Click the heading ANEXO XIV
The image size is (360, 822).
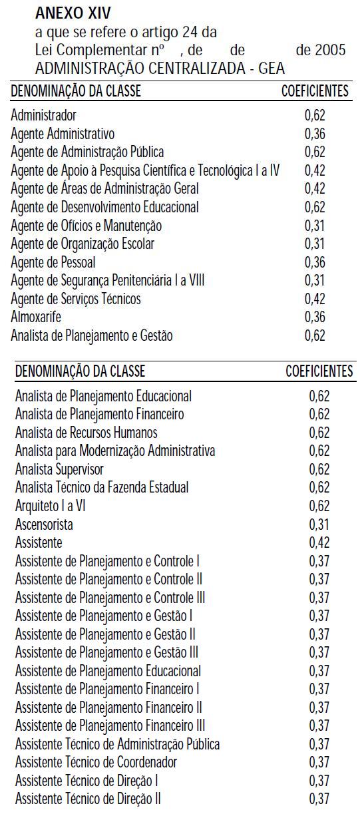click(x=73, y=13)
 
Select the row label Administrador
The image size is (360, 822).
click(x=43, y=115)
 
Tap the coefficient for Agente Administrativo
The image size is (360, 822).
click(x=315, y=134)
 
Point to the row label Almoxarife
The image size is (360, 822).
click(x=36, y=317)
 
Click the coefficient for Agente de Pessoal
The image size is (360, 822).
click(x=315, y=262)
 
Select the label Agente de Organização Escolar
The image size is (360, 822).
click(x=83, y=244)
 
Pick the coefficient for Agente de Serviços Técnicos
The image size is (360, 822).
click(x=315, y=299)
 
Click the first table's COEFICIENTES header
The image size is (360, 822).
click(x=315, y=91)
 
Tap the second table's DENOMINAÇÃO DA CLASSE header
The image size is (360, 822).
click(x=80, y=371)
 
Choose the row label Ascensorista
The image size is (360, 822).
click(x=44, y=524)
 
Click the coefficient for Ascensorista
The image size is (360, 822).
click(x=319, y=524)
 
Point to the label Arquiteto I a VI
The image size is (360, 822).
click(x=51, y=506)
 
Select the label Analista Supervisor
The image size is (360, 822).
click(x=59, y=469)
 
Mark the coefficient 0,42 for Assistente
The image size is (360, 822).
click(x=319, y=542)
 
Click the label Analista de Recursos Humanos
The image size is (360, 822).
click(x=87, y=433)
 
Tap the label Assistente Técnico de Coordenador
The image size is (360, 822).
click(x=96, y=763)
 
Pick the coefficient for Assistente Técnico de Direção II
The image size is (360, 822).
click(x=319, y=799)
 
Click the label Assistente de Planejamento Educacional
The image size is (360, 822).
click(x=108, y=671)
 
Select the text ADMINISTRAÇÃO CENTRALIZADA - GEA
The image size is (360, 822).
click(x=160, y=69)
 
